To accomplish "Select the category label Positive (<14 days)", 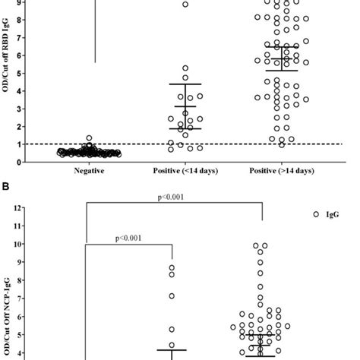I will (173, 171).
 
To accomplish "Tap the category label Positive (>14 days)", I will (263, 171).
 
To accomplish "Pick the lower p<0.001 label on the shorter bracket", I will (129, 237).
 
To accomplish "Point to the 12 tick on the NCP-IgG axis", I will (23, 208).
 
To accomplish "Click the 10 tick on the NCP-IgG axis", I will (23, 245).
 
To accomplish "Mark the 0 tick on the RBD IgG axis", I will (24, 161).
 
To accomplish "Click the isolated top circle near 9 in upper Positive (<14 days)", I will (185, 5).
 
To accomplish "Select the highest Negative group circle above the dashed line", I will (89, 138).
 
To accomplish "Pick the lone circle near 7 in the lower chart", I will (172, 295).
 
